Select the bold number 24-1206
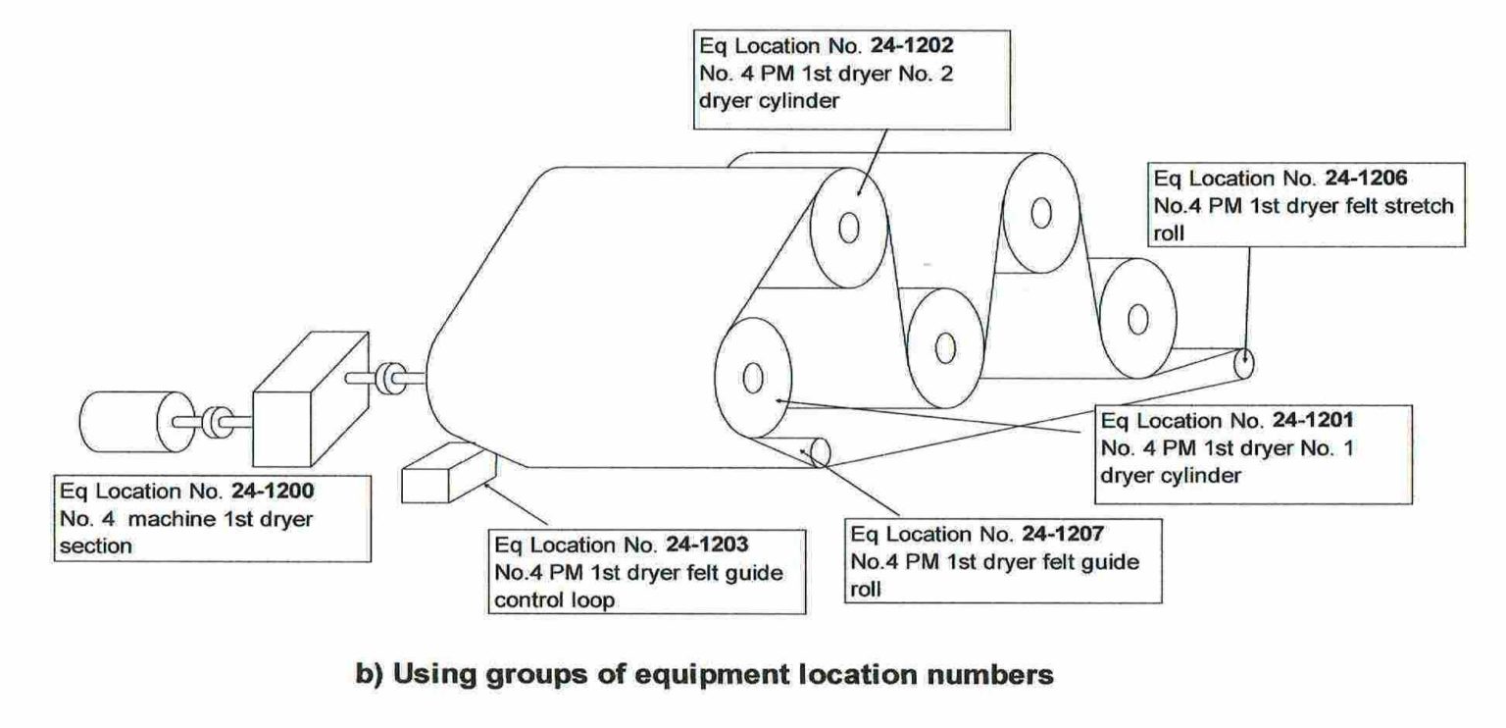[x=1376, y=181]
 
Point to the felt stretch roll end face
[x=1243, y=364]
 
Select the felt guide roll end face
[x=820, y=452]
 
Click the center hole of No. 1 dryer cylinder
[x=753, y=376]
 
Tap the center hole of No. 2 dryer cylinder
[x=849, y=227]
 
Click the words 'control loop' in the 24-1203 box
[x=555, y=600]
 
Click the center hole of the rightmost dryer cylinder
[x=1137, y=319]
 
